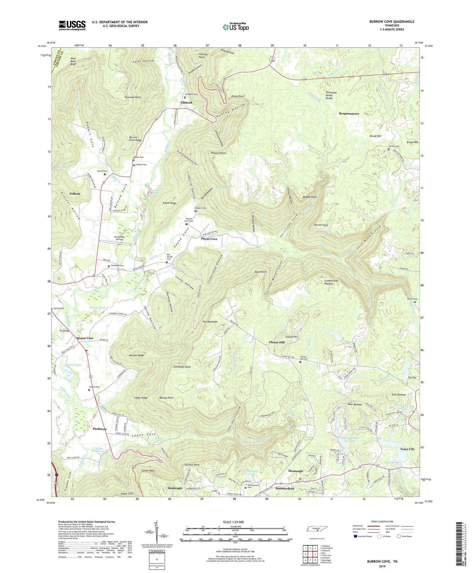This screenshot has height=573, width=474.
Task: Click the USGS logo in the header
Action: click(x=72, y=25)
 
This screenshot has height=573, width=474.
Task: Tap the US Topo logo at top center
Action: click(x=235, y=27)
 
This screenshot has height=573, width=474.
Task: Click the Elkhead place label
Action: click(x=186, y=103)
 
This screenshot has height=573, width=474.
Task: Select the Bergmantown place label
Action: click(x=349, y=114)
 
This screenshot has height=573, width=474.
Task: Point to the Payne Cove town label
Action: click(x=209, y=239)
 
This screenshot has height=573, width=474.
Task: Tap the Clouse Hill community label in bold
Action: click(x=277, y=342)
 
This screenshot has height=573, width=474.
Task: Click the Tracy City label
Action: click(x=407, y=449)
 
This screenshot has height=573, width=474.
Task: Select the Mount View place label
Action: click(x=85, y=338)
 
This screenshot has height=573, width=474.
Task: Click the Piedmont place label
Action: click(x=99, y=429)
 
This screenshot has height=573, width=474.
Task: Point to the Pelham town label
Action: click(x=75, y=194)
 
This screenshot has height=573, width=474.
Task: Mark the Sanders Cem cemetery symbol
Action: click(x=389, y=149)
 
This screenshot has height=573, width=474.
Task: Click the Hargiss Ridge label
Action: click(x=136, y=355)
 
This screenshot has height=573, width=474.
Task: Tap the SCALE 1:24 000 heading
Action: click(x=233, y=522)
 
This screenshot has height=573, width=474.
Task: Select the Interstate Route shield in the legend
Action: click(x=356, y=536)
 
